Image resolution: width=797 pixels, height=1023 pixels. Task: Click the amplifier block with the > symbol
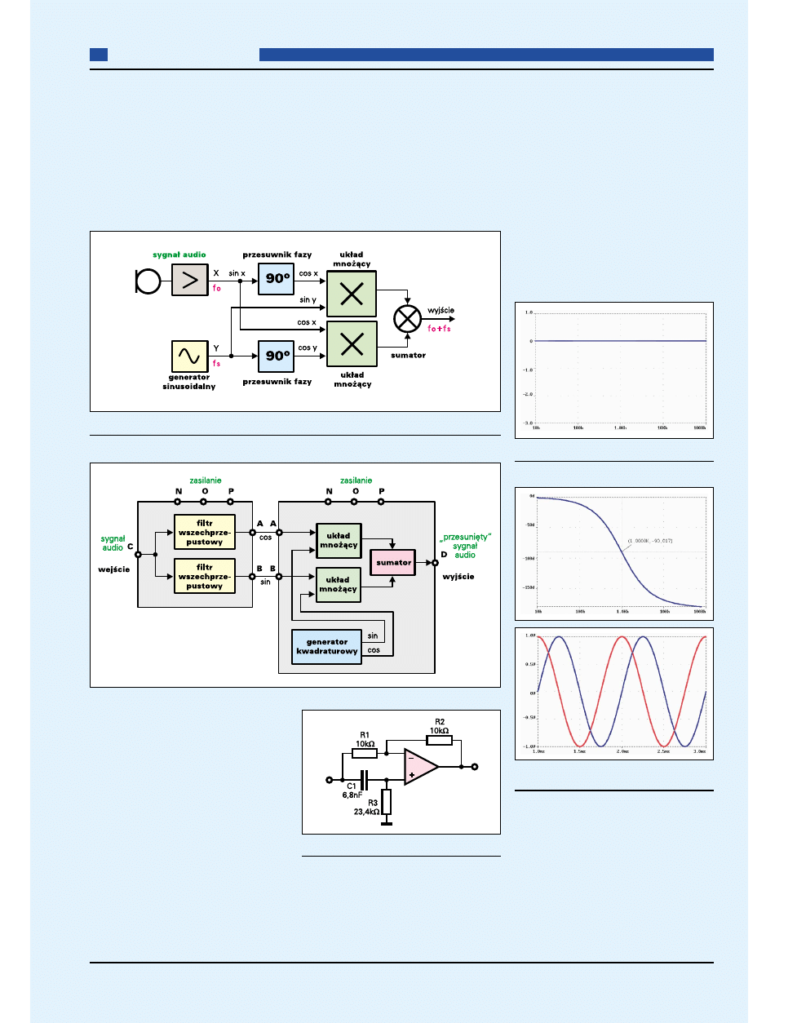pyautogui.click(x=189, y=281)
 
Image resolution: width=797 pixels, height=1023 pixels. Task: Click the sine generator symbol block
pyautogui.click(x=189, y=356)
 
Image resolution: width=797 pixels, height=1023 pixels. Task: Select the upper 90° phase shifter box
pyautogui.click(x=276, y=279)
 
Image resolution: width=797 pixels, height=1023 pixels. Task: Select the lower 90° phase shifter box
pyautogui.click(x=276, y=356)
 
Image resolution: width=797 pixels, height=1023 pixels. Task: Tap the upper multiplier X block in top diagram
pyautogui.click(x=352, y=294)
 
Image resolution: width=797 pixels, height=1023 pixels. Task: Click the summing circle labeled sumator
pyautogui.click(x=407, y=319)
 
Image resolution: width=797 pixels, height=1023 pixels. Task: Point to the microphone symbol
pyautogui.click(x=148, y=281)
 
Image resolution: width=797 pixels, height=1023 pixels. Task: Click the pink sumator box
pyautogui.click(x=393, y=562)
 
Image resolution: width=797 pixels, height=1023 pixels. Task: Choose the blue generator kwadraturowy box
pyautogui.click(x=326, y=647)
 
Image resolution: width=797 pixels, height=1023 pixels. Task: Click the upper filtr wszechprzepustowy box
pyautogui.click(x=204, y=533)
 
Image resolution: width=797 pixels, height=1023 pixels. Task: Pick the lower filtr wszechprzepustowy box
pyautogui.click(x=204, y=576)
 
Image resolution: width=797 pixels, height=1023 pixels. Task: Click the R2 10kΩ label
pyautogui.click(x=440, y=726)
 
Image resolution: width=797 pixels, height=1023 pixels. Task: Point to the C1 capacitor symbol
pyautogui.click(x=364, y=780)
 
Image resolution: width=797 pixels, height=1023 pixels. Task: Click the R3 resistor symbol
pyautogui.click(x=387, y=802)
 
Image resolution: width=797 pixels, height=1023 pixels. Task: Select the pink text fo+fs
pyautogui.click(x=439, y=329)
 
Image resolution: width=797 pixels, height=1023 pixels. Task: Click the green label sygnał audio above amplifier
pyautogui.click(x=179, y=255)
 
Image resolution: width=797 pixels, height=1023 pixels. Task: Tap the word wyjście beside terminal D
pyautogui.click(x=458, y=577)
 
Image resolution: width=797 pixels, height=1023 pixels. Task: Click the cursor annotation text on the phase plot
pyautogui.click(x=650, y=541)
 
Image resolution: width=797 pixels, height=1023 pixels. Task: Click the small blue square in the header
pyautogui.click(x=98, y=55)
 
